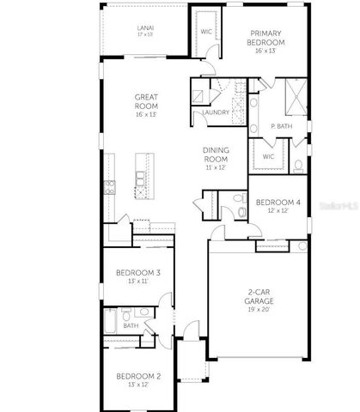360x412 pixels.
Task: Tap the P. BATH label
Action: tap(278, 126)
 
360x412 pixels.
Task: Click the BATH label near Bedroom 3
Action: tap(131, 325)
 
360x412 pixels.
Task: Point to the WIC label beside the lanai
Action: tap(206, 31)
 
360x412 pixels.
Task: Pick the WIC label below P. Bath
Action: tap(268, 156)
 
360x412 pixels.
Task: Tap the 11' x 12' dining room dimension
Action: tap(216, 167)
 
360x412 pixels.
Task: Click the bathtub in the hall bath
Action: tap(111, 324)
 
